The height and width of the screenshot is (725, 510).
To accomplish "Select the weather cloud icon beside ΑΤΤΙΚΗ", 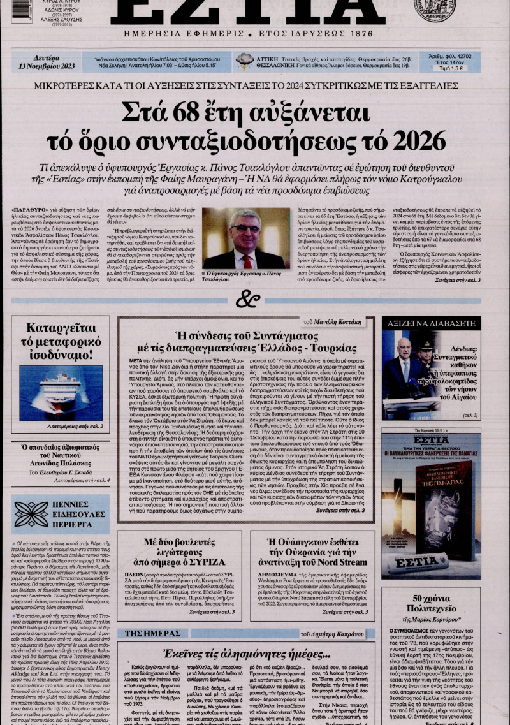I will (245, 61).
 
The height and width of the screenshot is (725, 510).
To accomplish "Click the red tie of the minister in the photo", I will (247, 261).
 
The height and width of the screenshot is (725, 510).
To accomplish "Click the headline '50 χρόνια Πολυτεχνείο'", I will (435, 604).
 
